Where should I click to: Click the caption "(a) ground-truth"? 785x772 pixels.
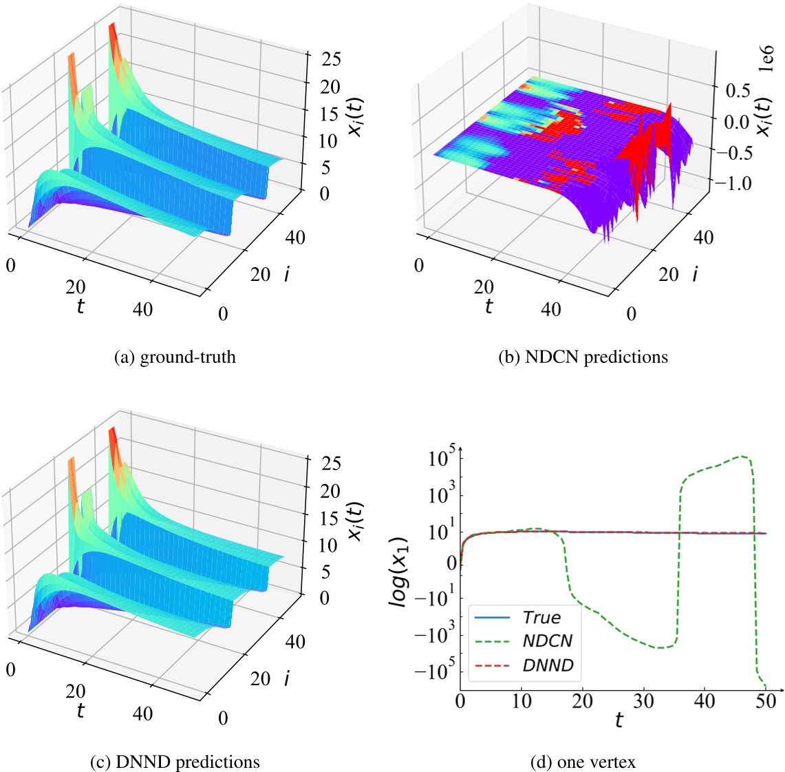(175, 357)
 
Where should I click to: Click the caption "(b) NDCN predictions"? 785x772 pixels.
(583, 357)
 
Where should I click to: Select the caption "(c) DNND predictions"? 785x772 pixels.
(175, 762)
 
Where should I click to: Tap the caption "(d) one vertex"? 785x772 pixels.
(583, 762)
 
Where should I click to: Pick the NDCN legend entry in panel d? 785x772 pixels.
(523, 640)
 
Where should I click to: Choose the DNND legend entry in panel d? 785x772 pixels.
(524, 665)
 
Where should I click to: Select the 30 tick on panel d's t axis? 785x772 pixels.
(643, 701)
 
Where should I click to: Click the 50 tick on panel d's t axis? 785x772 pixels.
(766, 701)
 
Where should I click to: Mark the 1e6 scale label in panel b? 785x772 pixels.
(766, 58)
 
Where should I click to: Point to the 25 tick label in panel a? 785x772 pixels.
(331, 59)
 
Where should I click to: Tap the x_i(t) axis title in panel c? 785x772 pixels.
(355, 521)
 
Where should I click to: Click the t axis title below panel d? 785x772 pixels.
(619, 720)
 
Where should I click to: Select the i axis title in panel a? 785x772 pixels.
(286, 273)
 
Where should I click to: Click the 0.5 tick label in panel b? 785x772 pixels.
(738, 91)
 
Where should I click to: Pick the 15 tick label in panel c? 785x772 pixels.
(330, 518)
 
